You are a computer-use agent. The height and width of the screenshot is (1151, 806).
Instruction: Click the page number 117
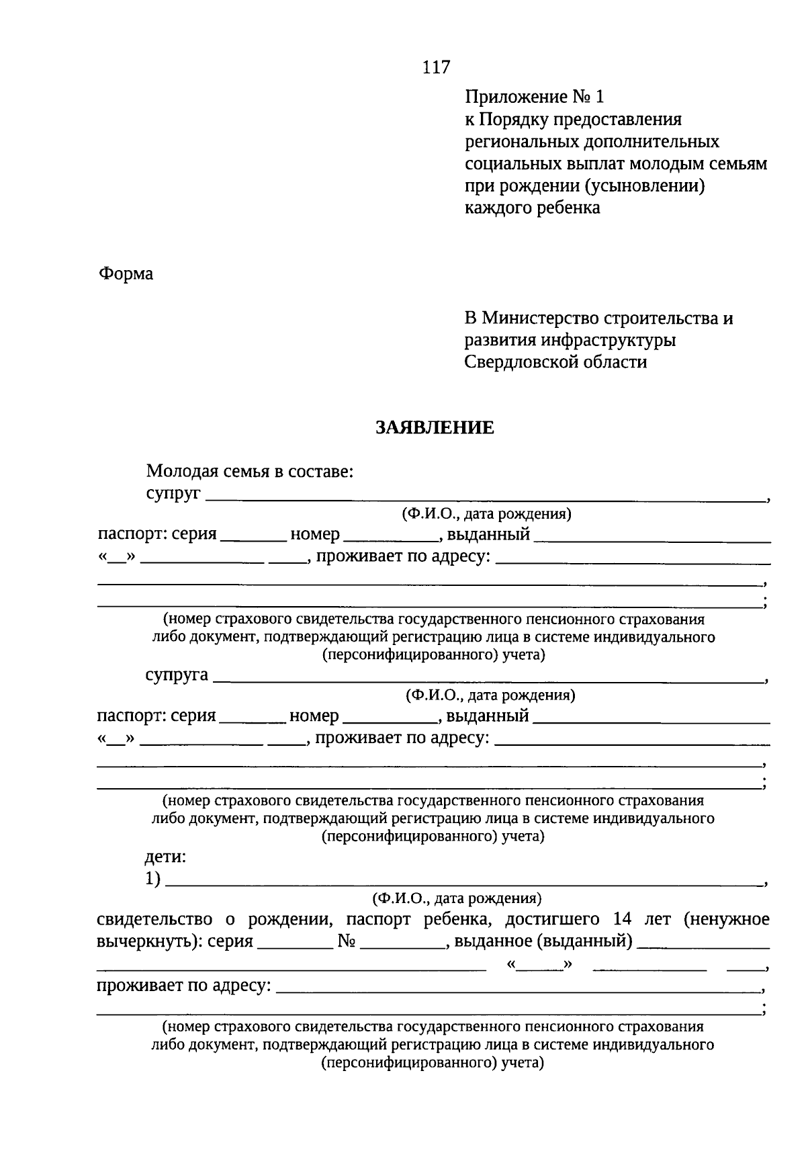pyautogui.click(x=436, y=67)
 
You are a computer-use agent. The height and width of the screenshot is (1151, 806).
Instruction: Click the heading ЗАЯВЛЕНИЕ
pyautogui.click(x=435, y=428)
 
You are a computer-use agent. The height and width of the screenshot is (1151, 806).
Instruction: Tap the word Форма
pyautogui.click(x=126, y=274)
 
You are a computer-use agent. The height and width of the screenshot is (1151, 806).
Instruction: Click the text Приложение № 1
pyautogui.click(x=535, y=97)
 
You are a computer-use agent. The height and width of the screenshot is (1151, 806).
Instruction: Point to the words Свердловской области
pyautogui.click(x=555, y=362)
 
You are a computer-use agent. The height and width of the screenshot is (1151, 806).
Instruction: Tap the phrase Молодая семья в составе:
pyautogui.click(x=250, y=472)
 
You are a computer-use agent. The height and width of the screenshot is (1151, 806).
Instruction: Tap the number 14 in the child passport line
pyautogui.click(x=623, y=919)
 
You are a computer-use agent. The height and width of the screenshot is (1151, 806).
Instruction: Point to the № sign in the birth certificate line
pyautogui.click(x=346, y=941)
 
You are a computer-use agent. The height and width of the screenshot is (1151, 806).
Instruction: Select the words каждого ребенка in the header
pyautogui.click(x=533, y=208)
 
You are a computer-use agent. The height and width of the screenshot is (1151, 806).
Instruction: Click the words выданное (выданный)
pyautogui.click(x=543, y=941)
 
